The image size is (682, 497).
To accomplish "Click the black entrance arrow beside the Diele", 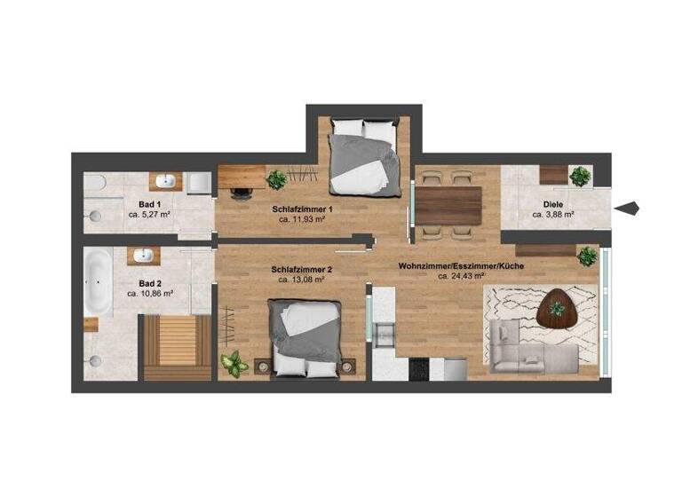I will point(628,209).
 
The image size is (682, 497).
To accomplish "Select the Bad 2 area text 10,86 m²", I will point(150,293).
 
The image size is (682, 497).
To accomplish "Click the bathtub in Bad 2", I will point(98,281).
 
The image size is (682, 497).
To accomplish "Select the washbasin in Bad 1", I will point(165,182).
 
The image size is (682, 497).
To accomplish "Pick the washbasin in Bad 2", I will point(142,256).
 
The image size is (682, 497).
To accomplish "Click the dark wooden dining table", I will point(449,205).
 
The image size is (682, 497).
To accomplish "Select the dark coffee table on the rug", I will point(558,308).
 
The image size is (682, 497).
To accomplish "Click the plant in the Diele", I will point(581,176).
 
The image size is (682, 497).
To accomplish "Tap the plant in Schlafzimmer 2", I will point(234,362).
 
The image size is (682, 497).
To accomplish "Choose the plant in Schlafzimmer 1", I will point(277,179).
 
